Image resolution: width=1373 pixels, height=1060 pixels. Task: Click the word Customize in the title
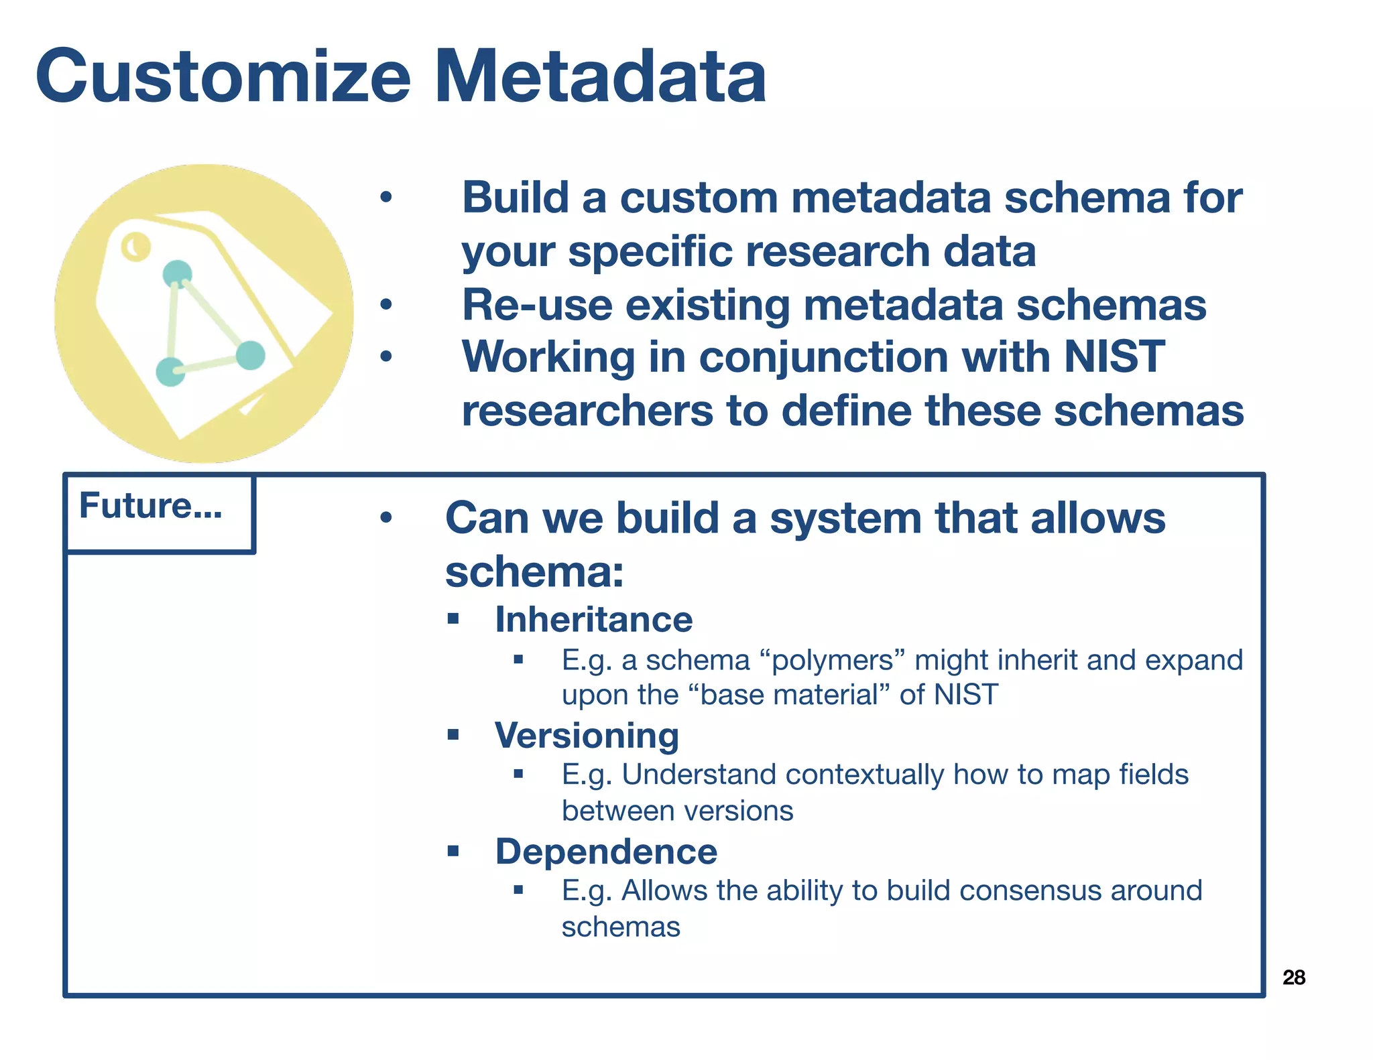[x=223, y=76]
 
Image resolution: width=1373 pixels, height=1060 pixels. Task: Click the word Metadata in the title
[x=601, y=76]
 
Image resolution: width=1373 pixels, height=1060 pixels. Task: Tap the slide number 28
[x=1293, y=978]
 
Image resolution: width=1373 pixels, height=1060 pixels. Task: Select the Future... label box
[x=159, y=513]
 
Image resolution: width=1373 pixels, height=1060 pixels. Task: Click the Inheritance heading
[x=593, y=619]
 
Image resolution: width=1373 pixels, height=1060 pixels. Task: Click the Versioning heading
[x=587, y=735]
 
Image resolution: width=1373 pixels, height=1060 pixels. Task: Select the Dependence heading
[x=605, y=852]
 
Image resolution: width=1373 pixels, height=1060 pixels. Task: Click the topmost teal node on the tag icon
[x=178, y=273]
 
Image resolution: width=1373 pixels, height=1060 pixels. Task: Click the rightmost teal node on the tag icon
[x=251, y=355]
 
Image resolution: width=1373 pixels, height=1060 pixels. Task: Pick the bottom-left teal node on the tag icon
[x=170, y=371]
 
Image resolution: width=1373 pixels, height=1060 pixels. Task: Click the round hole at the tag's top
[x=136, y=247]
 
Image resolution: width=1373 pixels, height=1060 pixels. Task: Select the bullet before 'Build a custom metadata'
[x=385, y=198]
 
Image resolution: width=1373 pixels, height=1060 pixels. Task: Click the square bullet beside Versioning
[x=453, y=735]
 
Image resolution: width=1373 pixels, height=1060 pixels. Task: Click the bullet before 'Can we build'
[x=385, y=518]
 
